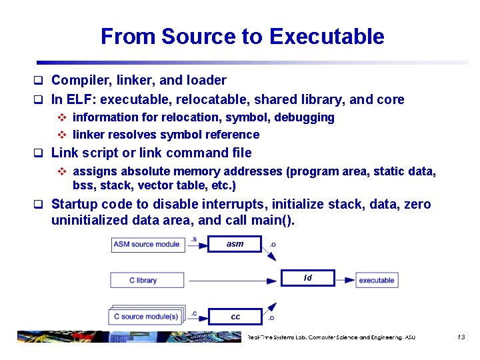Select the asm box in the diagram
pos(235,244)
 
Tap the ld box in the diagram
pos(307,278)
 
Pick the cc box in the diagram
pos(235,317)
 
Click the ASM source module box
pos(147,244)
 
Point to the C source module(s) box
pos(146,316)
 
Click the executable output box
pos(377,280)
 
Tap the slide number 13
pos(461,337)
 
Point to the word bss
pos(83,185)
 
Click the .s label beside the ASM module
pos(194,239)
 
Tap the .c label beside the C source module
pos(194,312)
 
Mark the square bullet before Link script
pos(39,153)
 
